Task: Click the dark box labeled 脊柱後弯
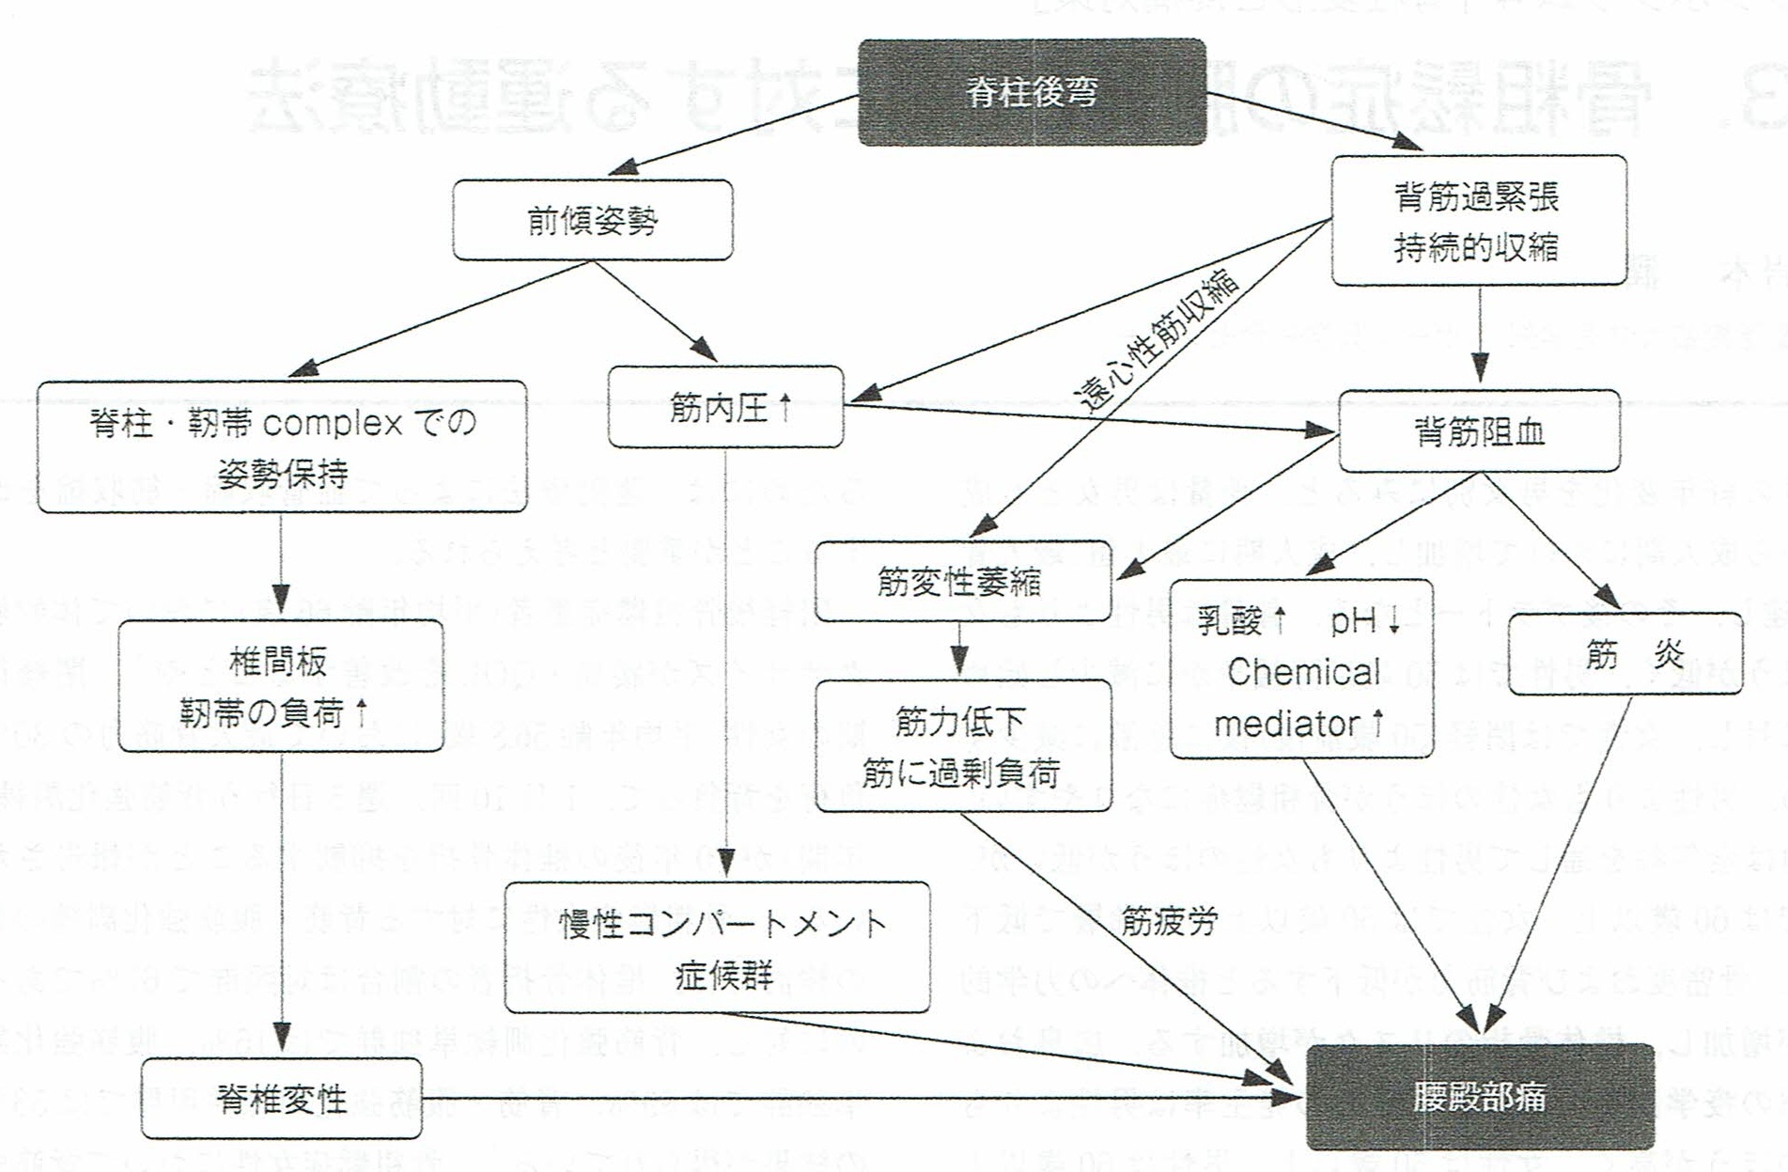pos(1032,92)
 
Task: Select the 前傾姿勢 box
pos(592,220)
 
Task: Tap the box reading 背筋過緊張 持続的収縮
pos(1478,221)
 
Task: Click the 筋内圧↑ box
pos(725,408)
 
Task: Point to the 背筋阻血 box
pos(1479,431)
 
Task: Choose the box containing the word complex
pos(282,447)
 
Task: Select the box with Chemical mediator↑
pos(1301,670)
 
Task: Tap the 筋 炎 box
pos(1625,654)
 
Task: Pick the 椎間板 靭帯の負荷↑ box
pos(280,686)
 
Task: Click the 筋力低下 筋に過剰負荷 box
pos(962,746)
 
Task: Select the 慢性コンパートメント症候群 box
pos(718,947)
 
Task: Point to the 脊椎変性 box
pos(281,1098)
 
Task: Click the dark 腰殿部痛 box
pos(1479,1097)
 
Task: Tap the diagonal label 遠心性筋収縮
pos(1159,343)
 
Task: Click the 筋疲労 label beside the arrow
pos(1170,922)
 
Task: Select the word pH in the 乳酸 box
pos(1353,621)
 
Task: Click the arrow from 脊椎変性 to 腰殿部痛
pos(846,1097)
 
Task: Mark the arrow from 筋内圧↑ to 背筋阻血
pos(1081,418)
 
